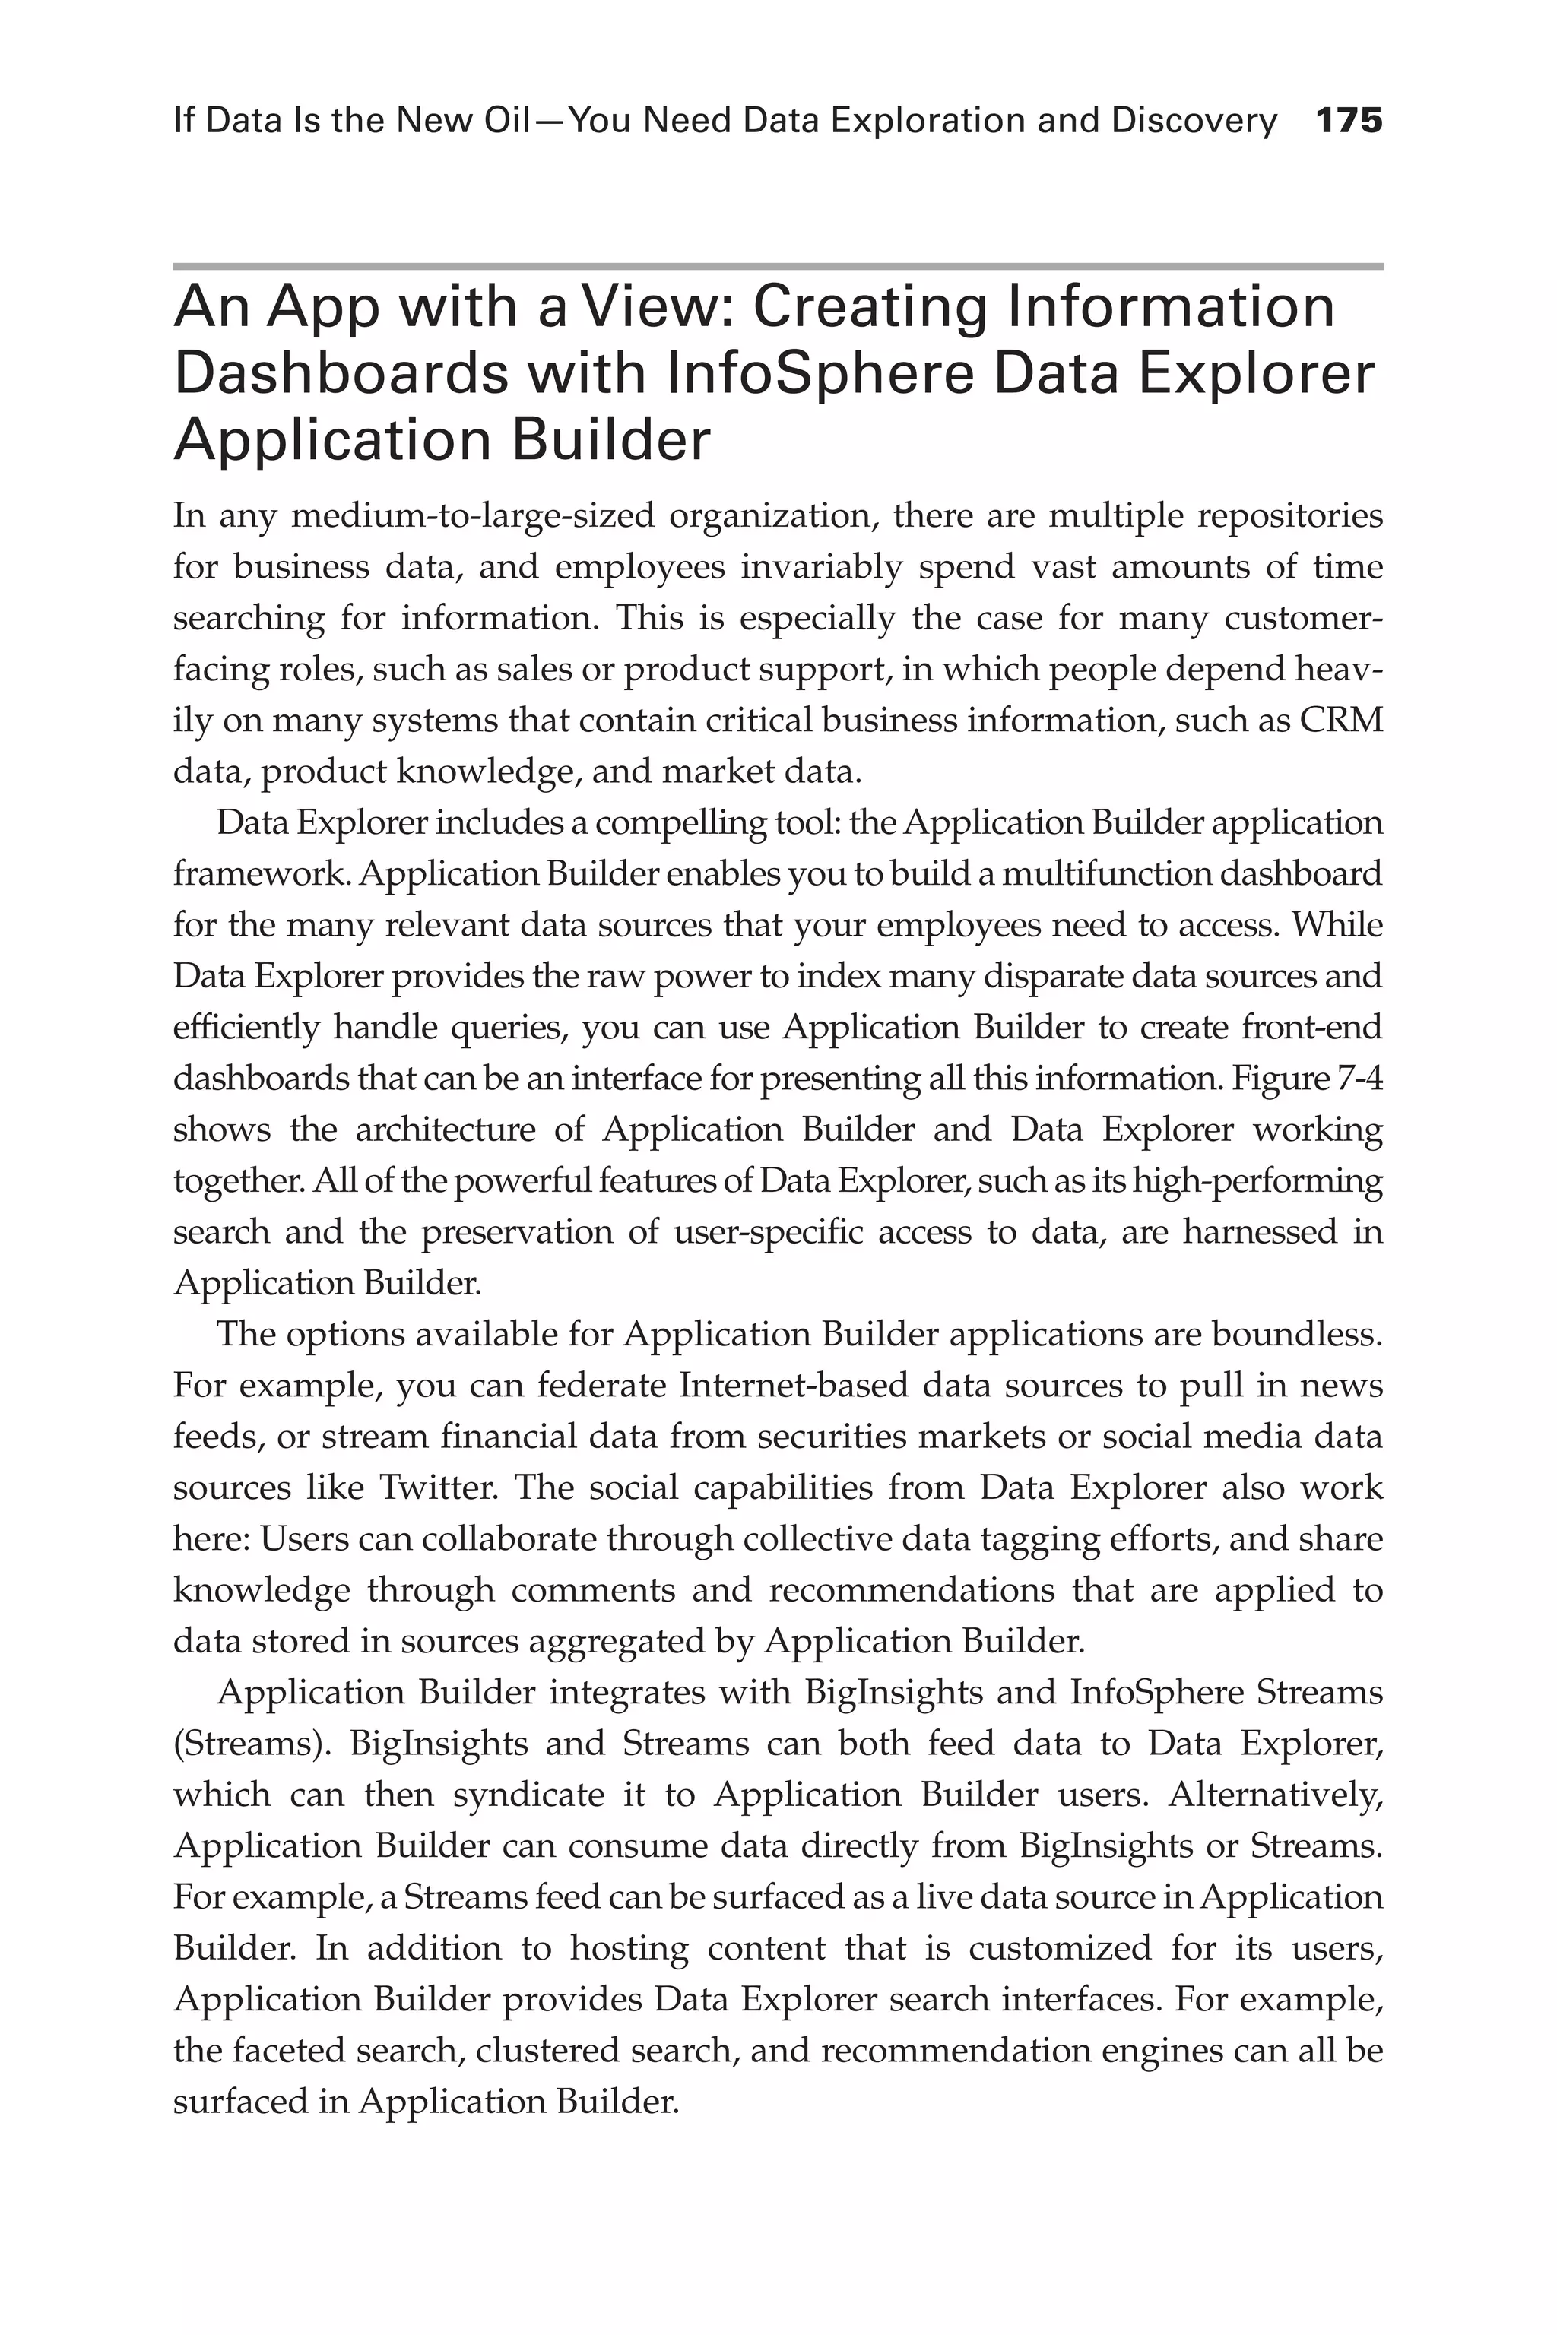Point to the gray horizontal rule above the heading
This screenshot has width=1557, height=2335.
[778, 266]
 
